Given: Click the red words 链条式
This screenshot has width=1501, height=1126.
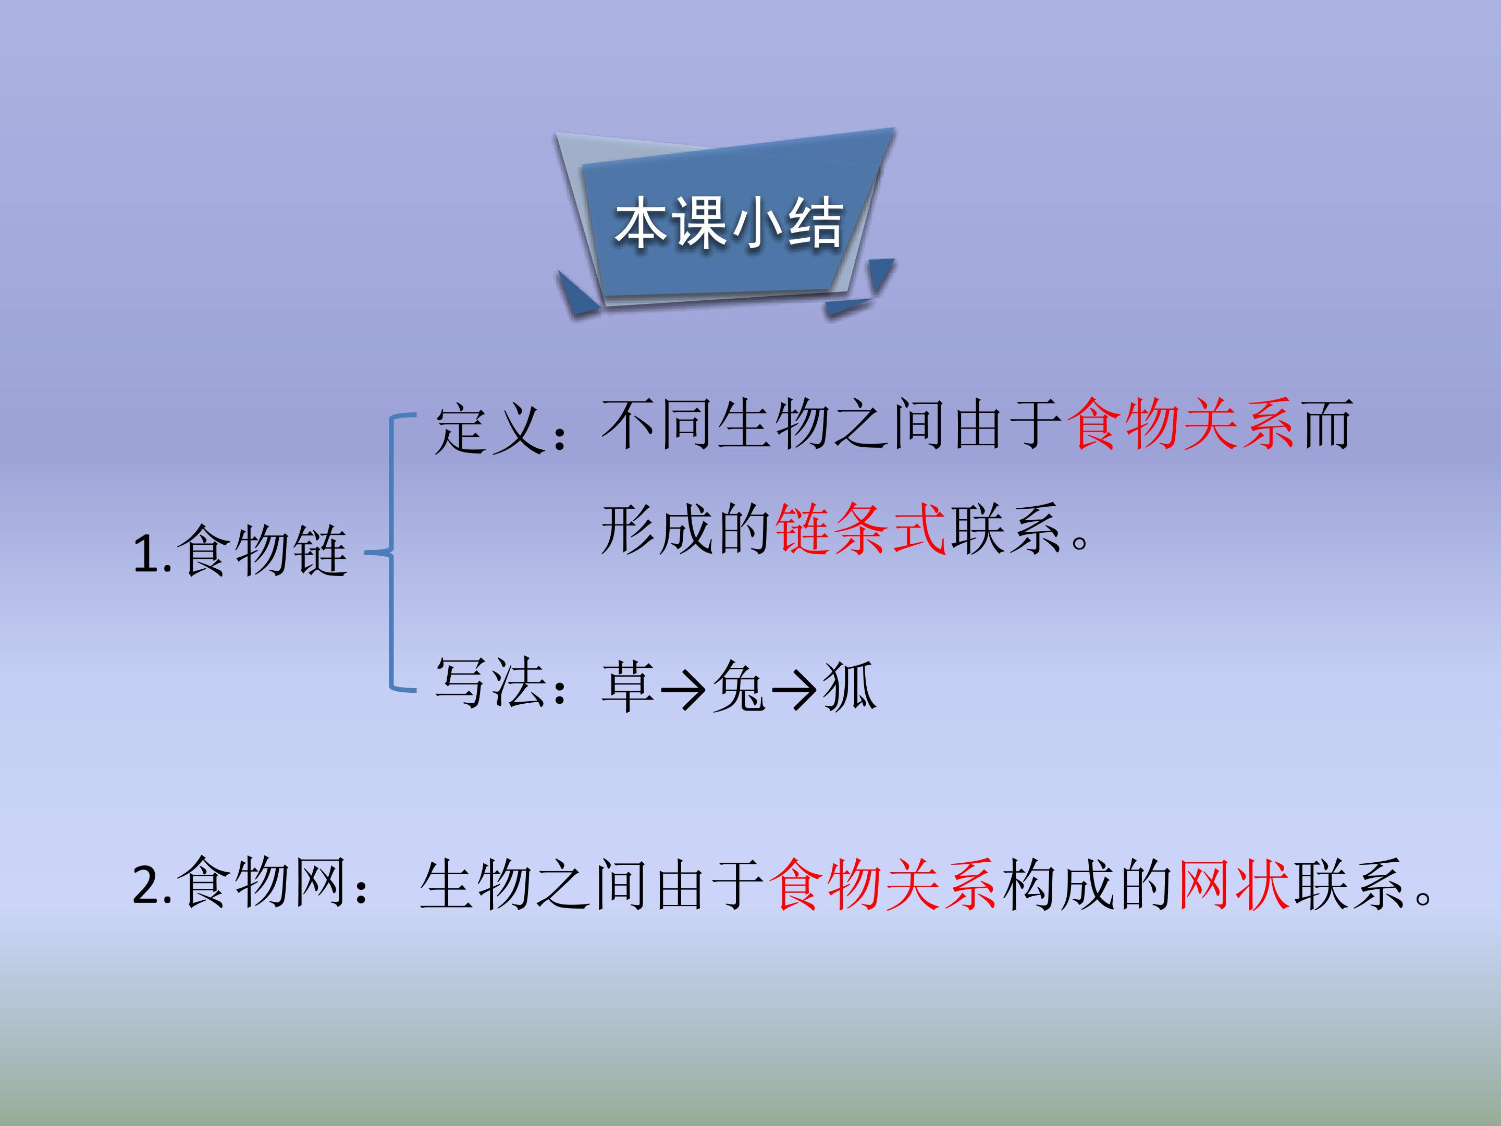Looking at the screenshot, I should coord(860,530).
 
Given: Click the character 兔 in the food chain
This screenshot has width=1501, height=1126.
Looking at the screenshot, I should coord(739,687).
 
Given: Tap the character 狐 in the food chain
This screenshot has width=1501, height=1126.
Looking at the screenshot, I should coord(849,687).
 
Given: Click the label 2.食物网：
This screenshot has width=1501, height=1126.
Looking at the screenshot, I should coord(251,884).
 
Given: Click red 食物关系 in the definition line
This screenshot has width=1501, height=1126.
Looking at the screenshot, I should coord(1180,425).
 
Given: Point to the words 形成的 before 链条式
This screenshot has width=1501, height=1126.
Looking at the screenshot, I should coord(685,530).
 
